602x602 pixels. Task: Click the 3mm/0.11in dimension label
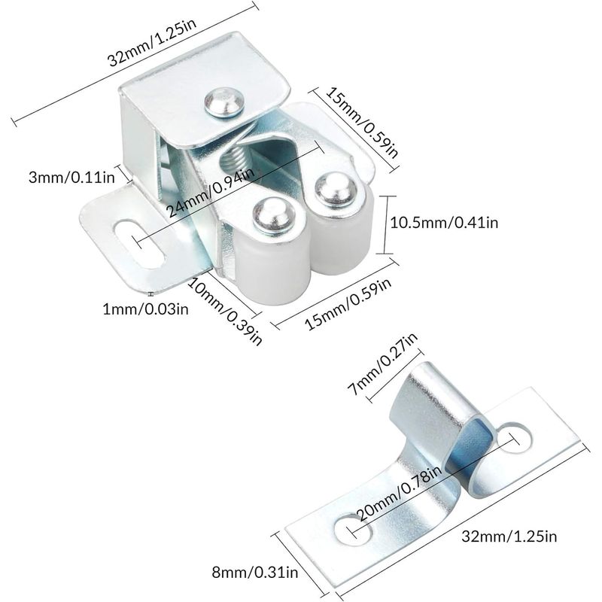(71, 178)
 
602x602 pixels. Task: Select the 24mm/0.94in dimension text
(211, 191)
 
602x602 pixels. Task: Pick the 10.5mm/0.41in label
(444, 223)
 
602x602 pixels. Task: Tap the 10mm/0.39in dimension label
(225, 311)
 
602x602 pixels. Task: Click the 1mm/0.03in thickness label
(145, 309)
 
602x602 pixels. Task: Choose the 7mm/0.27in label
(383, 363)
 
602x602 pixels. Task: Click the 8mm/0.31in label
(255, 573)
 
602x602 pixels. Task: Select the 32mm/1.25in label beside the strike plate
(509, 536)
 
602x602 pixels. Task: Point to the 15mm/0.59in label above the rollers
(363, 122)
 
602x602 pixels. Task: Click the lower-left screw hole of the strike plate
(353, 531)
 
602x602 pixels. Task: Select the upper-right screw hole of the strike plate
(515, 437)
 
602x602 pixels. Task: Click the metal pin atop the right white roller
(335, 190)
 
